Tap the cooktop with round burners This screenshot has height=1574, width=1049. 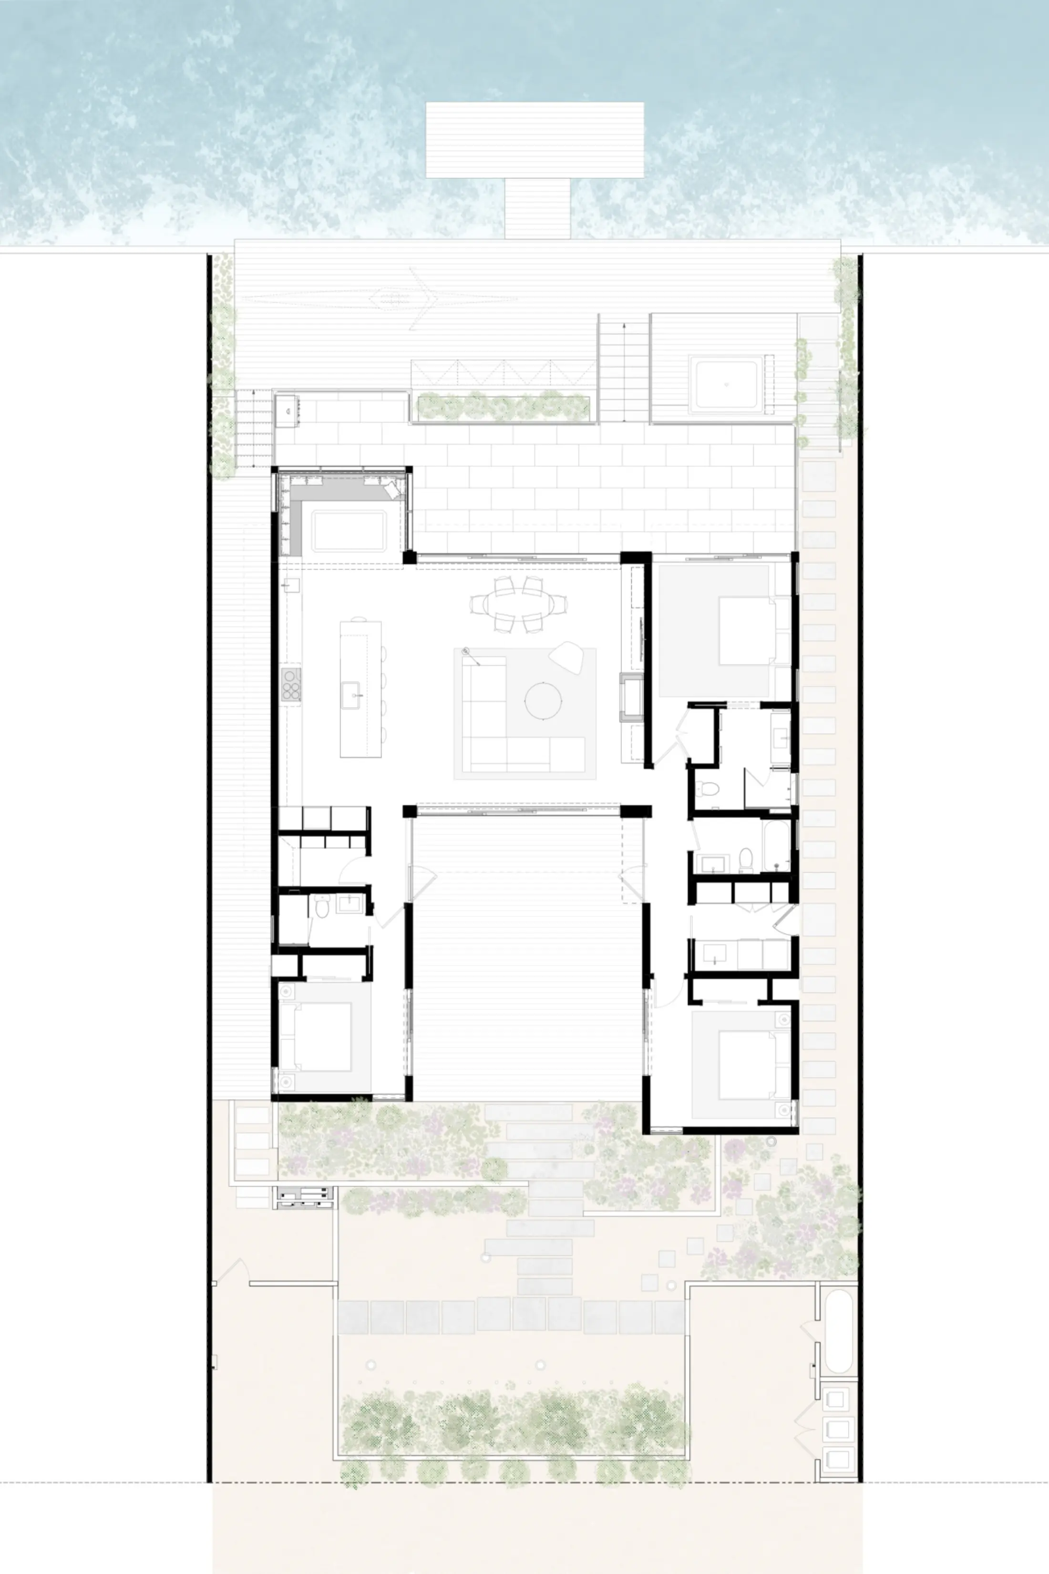click(291, 684)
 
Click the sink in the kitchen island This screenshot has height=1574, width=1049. click(352, 695)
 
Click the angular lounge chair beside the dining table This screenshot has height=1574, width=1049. click(566, 656)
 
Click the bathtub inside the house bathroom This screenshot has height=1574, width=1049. click(776, 846)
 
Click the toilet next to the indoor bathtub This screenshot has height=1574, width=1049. click(746, 858)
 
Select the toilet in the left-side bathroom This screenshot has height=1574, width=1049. click(322, 907)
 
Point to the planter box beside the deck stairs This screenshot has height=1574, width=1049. click(503, 407)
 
